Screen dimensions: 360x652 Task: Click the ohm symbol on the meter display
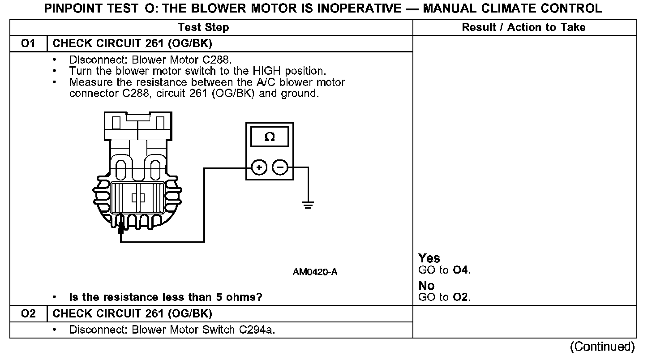[270, 137]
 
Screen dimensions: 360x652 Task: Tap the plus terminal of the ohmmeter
[259, 168]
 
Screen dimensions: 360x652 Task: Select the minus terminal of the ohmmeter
[280, 168]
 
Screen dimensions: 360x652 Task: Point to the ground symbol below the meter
[308, 205]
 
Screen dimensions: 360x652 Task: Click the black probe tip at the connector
[120, 227]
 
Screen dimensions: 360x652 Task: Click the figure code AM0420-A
[315, 272]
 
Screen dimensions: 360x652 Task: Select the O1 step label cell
[28, 44]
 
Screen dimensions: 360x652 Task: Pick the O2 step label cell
[28, 313]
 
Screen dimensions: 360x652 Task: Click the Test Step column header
[203, 27]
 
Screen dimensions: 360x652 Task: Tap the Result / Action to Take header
[523, 27]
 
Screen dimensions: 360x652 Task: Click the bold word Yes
[429, 258]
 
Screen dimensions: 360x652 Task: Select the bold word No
[426, 286]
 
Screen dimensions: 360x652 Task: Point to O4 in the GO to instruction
[461, 270]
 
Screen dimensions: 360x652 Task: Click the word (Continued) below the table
[602, 347]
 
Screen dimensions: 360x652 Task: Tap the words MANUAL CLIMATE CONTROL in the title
[512, 8]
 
